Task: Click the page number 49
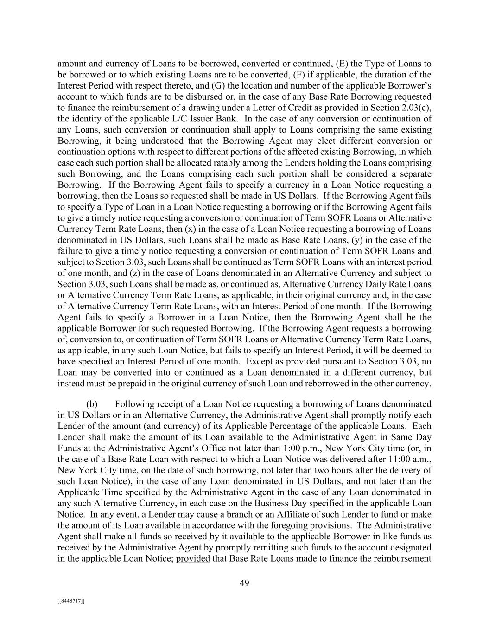click(x=244, y=583)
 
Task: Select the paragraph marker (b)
click(x=92, y=404)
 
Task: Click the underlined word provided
click(x=193, y=558)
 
